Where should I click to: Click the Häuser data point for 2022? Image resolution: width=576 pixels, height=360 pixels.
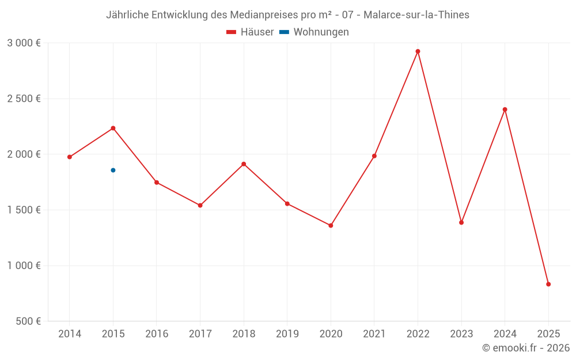coord(418,51)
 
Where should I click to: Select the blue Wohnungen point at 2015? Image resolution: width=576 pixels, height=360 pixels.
coord(113,170)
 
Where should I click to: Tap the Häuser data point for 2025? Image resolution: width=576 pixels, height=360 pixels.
coord(548,284)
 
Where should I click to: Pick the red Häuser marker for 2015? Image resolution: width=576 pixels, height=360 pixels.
coord(113,128)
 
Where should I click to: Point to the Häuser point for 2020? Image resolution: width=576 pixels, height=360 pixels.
coord(331,225)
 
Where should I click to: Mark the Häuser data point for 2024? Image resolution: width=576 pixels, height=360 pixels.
coord(505,109)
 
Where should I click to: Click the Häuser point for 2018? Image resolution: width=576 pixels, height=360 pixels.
coord(244,164)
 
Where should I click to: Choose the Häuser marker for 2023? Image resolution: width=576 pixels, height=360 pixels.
coord(461,222)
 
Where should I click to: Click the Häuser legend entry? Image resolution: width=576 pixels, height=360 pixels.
coord(250,32)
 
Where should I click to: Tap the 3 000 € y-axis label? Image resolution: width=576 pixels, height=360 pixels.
coord(24,43)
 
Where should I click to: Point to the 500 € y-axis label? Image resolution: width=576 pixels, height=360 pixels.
coord(28,321)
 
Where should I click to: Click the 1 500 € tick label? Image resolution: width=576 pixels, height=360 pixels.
coord(24,210)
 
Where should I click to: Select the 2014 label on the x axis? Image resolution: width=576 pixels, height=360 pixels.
coord(70,334)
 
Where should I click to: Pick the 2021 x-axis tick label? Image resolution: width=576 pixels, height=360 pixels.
coord(374,334)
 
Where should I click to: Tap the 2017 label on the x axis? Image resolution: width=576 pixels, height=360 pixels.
coord(200,334)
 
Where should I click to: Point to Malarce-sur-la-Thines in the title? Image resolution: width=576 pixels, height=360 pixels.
coord(416,15)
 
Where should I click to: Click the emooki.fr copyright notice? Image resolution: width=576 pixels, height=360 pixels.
coord(526,348)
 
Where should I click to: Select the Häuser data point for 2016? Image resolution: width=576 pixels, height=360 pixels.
coord(157,183)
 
